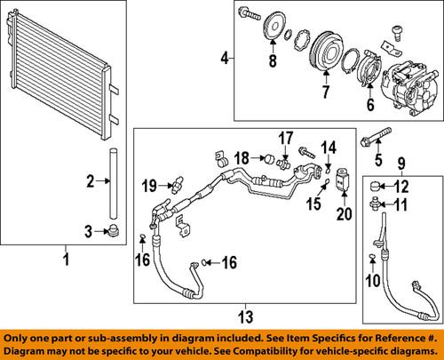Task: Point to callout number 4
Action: click(224, 59)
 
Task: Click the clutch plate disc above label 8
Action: click(273, 35)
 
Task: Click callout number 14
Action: click(327, 146)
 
